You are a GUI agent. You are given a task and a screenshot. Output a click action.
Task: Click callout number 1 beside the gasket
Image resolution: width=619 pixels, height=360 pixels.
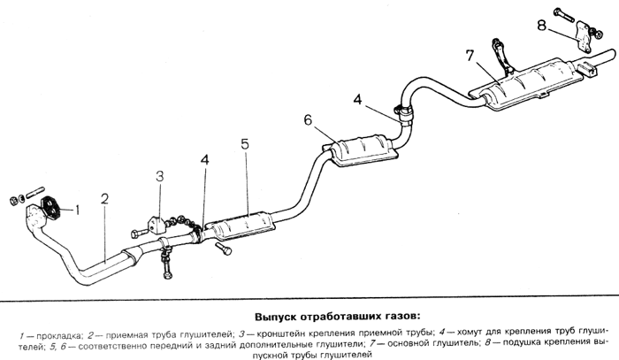[78, 210]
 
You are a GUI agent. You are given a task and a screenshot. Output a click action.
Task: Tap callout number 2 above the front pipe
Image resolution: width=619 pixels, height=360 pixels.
[104, 199]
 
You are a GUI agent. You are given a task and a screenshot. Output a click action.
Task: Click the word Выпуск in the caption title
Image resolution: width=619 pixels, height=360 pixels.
[278, 317]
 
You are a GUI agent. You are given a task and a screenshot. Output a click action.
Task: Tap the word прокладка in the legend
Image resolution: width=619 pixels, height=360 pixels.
[54, 335]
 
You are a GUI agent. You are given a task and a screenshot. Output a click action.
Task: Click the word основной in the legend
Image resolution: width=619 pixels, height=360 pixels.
[393, 345]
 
